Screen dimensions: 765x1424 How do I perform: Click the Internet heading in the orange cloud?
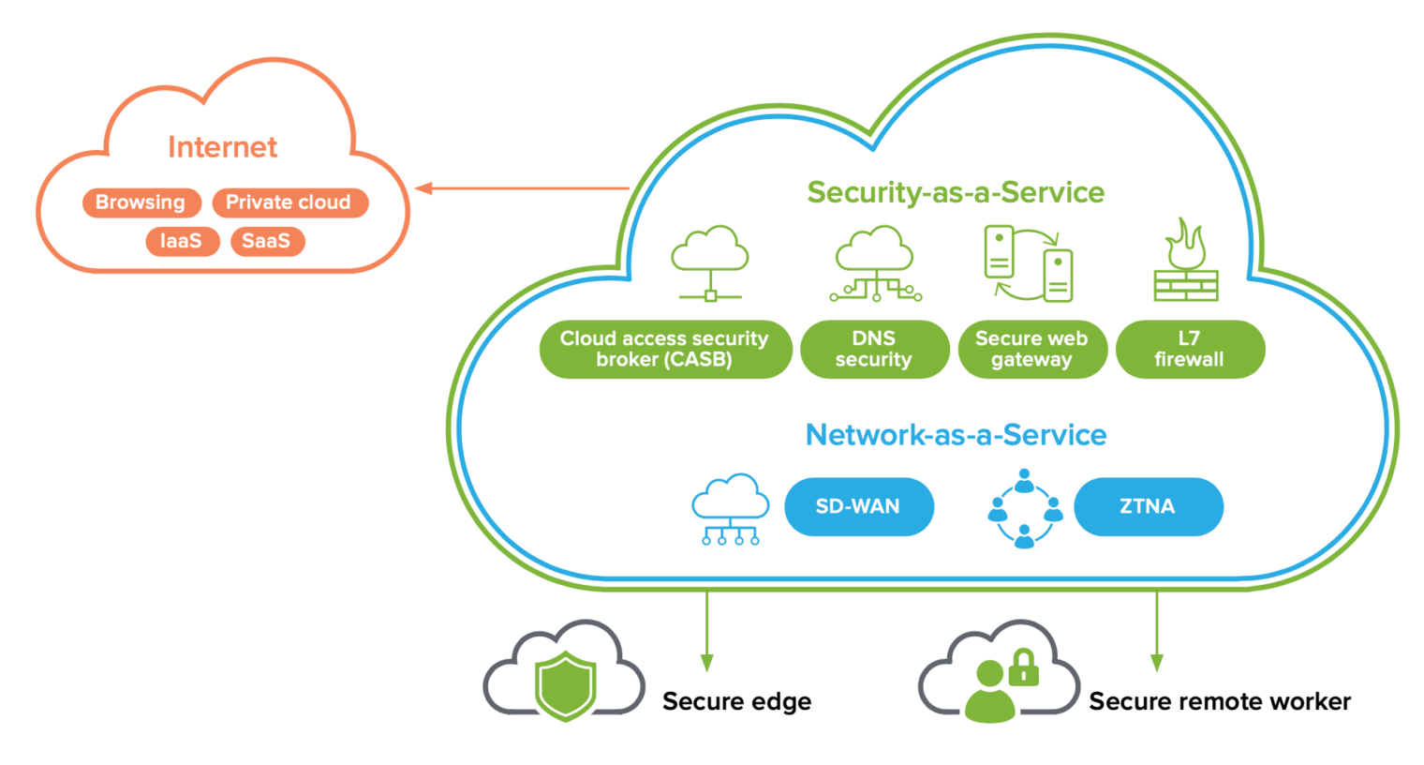coord(222,147)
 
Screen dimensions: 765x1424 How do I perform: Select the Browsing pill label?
coord(141,202)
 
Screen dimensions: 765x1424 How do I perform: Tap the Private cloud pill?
coord(289,202)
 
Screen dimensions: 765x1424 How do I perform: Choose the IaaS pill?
coord(182,241)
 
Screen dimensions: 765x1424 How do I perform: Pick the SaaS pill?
coord(267,241)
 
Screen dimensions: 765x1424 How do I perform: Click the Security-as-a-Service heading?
coord(956,192)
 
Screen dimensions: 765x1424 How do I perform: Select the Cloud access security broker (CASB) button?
coord(665,349)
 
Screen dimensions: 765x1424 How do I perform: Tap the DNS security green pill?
coord(874,349)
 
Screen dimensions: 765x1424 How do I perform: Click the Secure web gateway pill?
coord(1031,349)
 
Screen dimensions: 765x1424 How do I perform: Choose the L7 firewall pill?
coord(1189,349)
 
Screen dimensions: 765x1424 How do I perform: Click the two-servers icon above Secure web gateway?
coord(1028,262)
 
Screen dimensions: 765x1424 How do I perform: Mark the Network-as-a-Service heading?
coord(956,435)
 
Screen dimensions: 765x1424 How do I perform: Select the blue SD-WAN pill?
coord(858,506)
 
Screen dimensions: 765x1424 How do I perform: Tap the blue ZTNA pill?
coord(1148,506)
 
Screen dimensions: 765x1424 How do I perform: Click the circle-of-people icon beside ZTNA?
coord(1025,508)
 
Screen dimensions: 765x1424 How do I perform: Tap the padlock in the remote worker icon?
coord(1023,667)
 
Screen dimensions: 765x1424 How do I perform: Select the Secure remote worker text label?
coord(1219,701)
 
